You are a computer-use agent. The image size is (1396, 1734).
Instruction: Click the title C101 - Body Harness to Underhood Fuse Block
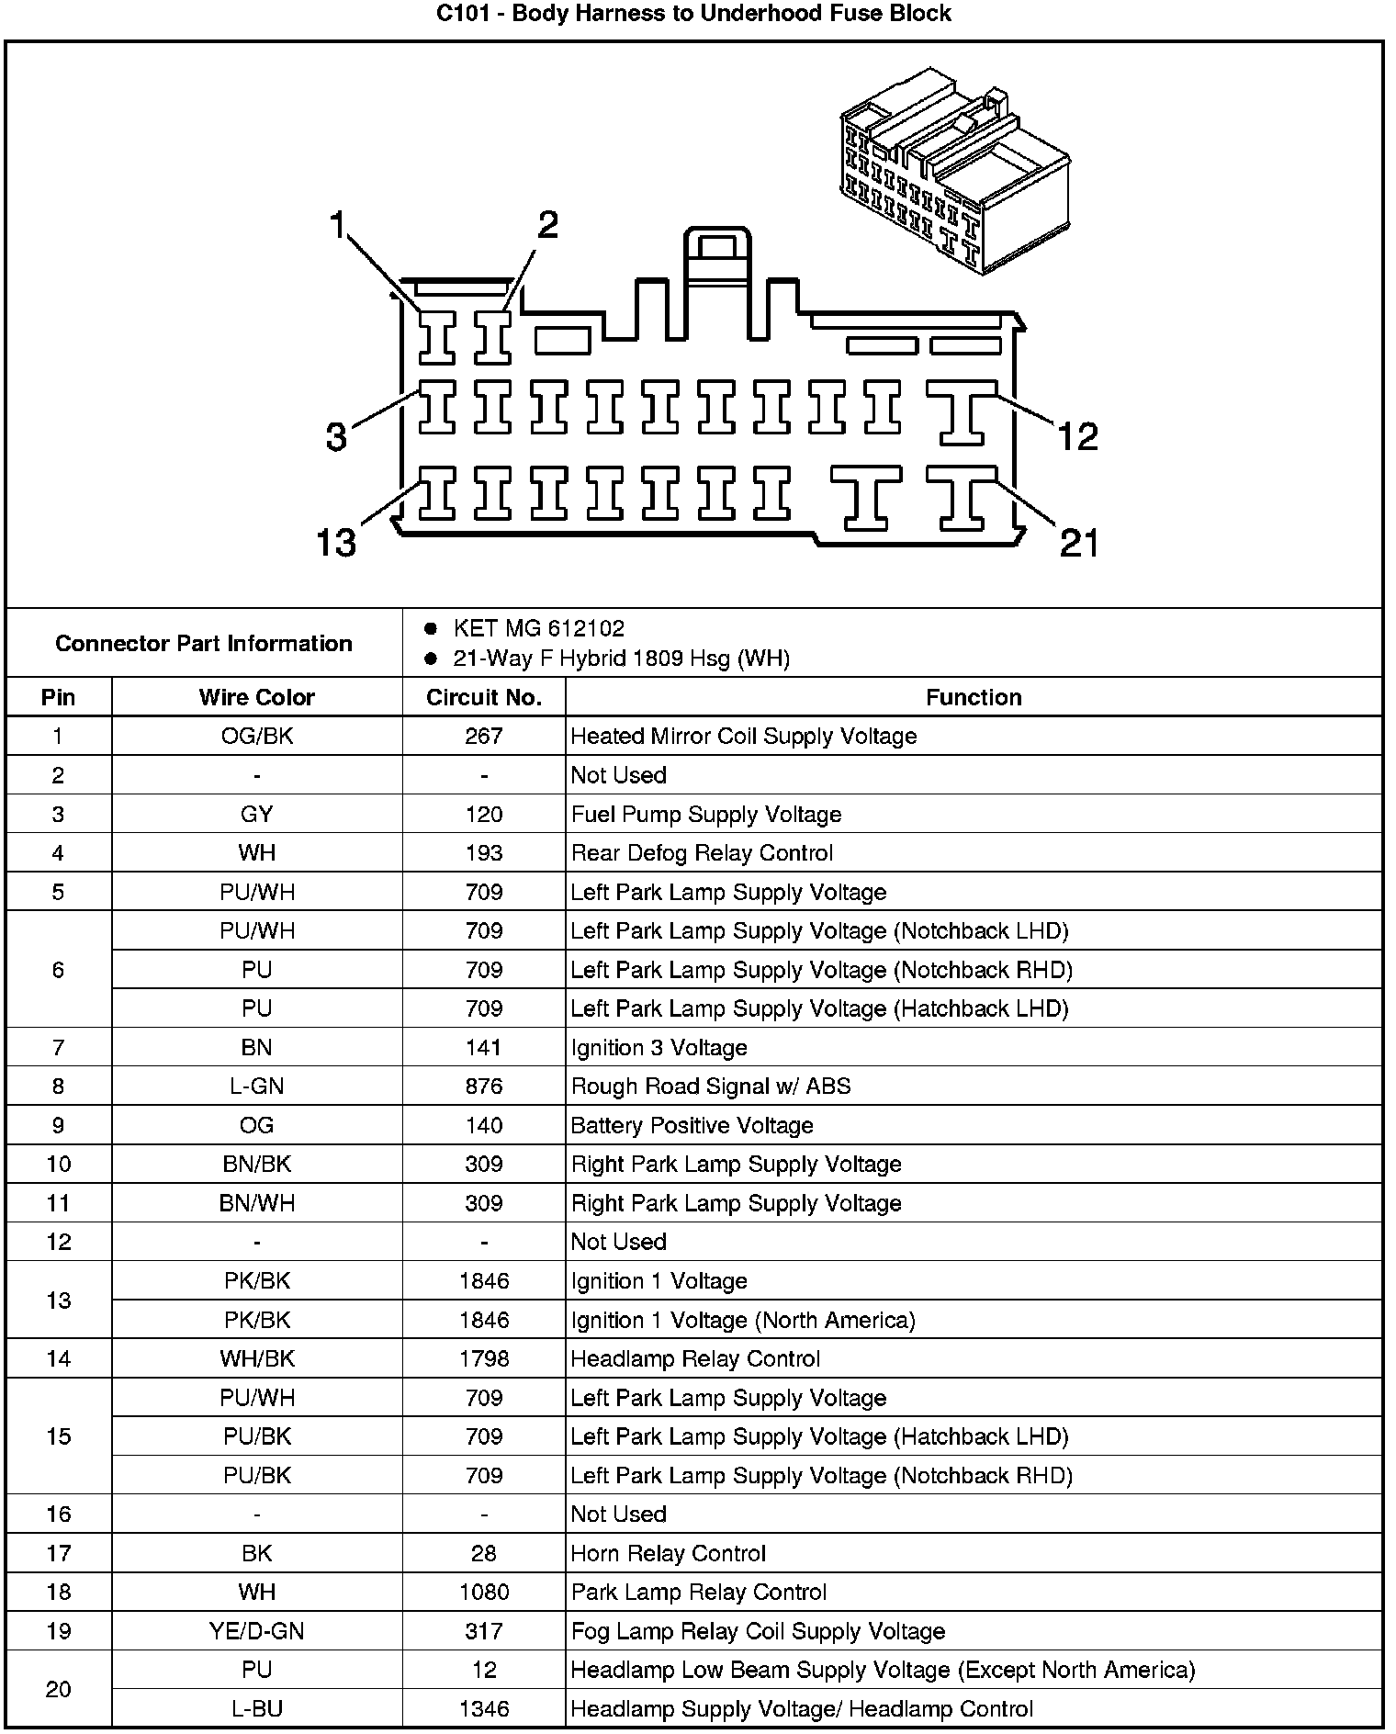(x=693, y=14)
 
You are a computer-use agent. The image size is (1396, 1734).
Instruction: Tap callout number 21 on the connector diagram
(x=1078, y=543)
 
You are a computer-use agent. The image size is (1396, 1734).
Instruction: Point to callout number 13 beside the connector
(x=335, y=542)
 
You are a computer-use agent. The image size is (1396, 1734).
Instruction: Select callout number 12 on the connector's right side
(x=1077, y=436)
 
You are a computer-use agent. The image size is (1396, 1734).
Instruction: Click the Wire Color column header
(x=256, y=698)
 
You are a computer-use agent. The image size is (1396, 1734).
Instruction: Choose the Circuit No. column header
(x=483, y=698)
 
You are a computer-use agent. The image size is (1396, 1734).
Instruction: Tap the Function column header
(x=973, y=698)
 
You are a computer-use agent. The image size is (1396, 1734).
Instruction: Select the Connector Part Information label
(x=203, y=643)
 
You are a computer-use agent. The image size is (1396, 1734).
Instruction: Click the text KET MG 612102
(x=538, y=629)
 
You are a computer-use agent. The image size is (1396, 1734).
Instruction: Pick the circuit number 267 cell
(x=483, y=737)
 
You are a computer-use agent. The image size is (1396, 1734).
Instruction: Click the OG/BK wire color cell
(x=256, y=737)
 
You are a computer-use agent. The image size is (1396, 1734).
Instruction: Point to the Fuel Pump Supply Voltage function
(x=705, y=815)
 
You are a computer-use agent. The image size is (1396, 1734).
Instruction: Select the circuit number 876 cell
(x=483, y=1087)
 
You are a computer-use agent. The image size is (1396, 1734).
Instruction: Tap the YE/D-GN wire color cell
(x=256, y=1631)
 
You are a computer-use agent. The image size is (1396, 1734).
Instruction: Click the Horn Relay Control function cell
(x=668, y=1553)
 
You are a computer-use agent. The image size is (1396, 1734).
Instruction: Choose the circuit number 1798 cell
(x=483, y=1358)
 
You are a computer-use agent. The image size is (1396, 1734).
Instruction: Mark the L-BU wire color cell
(x=256, y=1709)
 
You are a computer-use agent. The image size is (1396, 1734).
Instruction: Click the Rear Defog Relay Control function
(x=702, y=853)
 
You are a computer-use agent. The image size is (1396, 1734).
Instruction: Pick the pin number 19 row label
(x=58, y=1631)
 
